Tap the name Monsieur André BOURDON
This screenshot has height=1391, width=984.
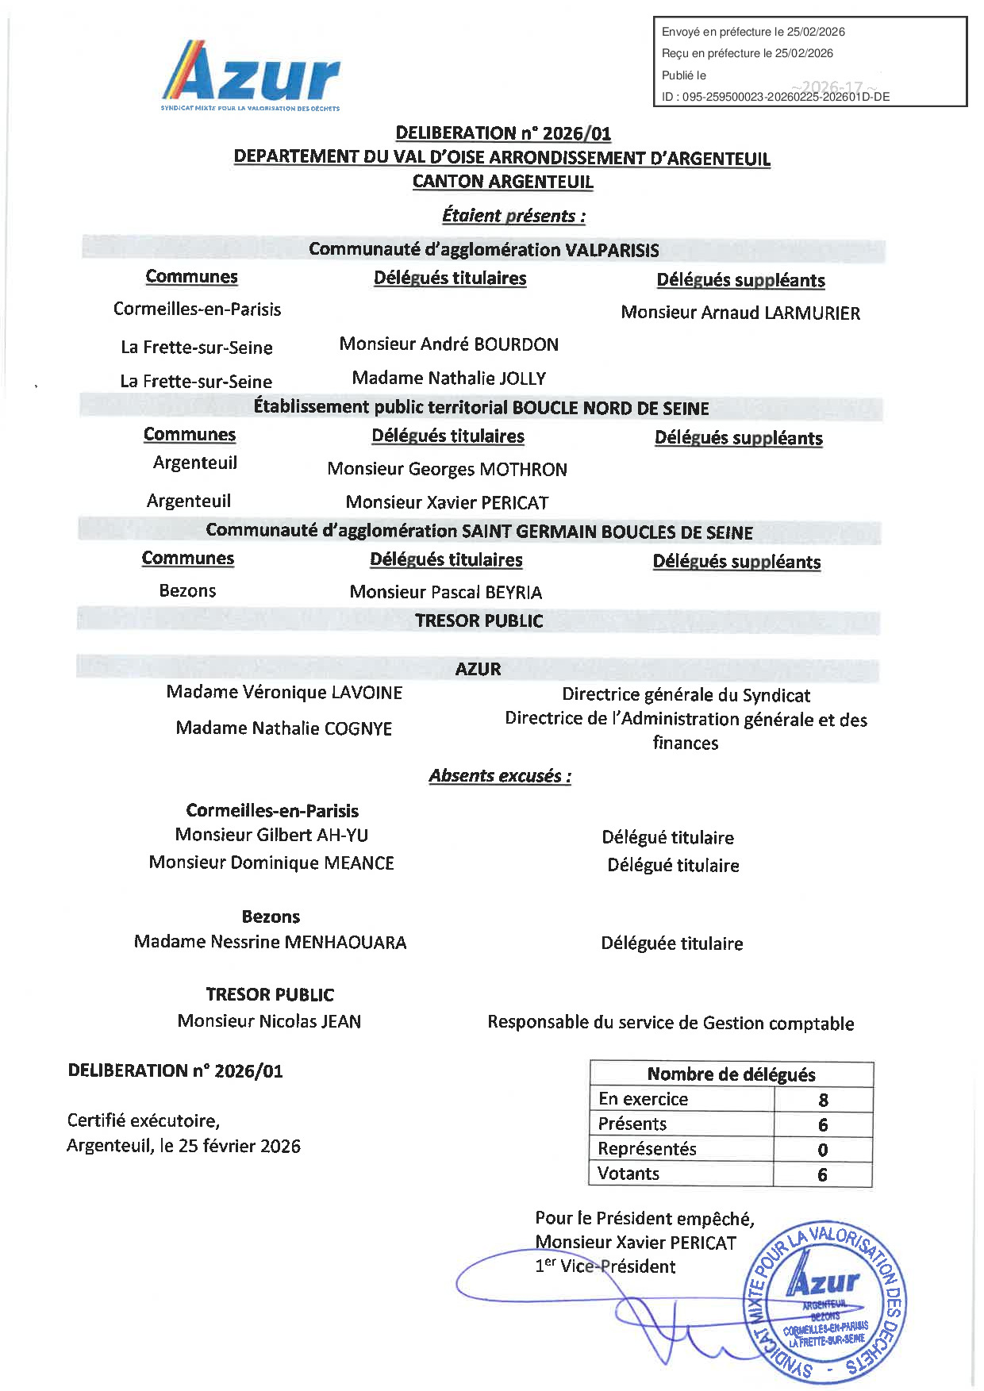[x=448, y=344]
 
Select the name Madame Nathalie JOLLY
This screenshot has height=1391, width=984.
[x=448, y=378]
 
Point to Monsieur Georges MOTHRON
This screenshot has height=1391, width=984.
[x=447, y=470]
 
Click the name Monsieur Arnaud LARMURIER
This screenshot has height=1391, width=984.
[x=740, y=313]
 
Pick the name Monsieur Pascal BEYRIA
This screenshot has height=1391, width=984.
[x=445, y=593]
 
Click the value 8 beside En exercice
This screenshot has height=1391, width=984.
[x=823, y=1100]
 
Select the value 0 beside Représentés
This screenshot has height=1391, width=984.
[x=822, y=1150]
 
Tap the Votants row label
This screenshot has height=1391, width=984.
[x=628, y=1174]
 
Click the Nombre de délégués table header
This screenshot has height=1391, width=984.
[x=731, y=1074]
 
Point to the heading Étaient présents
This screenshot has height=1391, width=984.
[x=513, y=216]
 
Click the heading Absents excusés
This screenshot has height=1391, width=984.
[x=500, y=776]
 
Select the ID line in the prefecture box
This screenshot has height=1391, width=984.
[x=775, y=97]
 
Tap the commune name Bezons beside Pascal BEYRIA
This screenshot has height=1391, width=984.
[x=187, y=591]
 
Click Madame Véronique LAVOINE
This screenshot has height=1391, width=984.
[x=284, y=693]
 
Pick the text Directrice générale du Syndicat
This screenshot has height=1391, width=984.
[x=686, y=696]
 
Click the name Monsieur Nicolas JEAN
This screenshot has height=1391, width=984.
[x=269, y=1021]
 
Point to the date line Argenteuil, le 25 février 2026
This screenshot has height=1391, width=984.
[x=183, y=1146]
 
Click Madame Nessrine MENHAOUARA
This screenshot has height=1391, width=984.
[x=270, y=943]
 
